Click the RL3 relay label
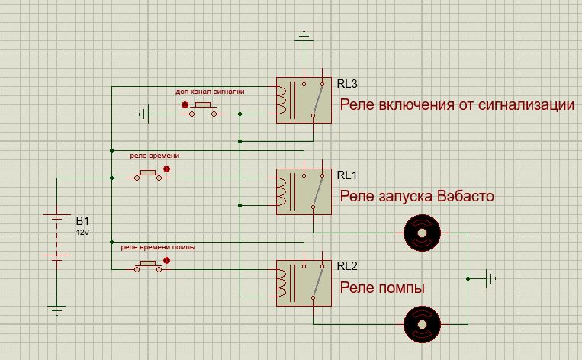(x=347, y=84)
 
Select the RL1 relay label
(x=347, y=175)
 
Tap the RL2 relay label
(x=347, y=266)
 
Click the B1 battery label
(x=82, y=220)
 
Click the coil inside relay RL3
(x=284, y=100)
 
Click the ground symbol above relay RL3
(x=304, y=35)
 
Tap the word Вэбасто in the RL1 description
(x=466, y=197)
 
